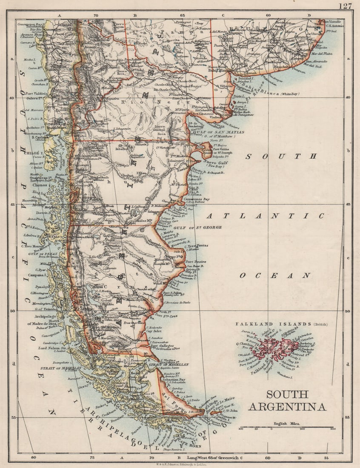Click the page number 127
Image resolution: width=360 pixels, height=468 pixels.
click(x=346, y=6)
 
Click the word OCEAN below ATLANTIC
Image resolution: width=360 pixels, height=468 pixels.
click(x=274, y=276)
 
